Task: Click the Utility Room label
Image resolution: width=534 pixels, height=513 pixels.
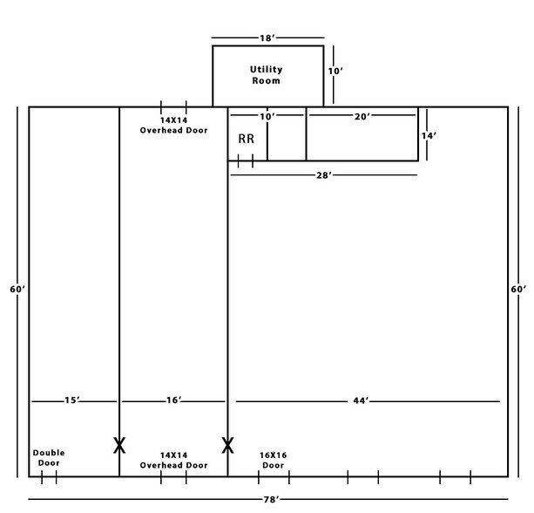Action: coord(266,75)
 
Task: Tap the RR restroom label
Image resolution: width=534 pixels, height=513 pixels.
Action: coord(247,139)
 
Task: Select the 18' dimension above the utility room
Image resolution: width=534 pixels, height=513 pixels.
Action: coord(267,38)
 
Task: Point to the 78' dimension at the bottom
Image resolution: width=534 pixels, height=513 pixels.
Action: coord(271,500)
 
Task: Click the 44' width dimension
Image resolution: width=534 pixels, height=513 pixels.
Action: coord(361,400)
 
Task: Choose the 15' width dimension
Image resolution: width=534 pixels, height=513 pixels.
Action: coord(72,400)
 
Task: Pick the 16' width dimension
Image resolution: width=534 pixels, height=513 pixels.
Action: coord(173,400)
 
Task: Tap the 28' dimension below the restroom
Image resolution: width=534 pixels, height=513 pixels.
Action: coord(324,175)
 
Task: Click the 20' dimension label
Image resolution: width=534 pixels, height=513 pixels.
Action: coord(362,117)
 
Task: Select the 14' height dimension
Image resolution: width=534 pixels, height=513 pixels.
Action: coord(429,136)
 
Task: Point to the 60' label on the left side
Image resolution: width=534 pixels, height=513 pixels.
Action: coord(17,290)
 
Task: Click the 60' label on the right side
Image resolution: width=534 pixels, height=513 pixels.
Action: coord(518,290)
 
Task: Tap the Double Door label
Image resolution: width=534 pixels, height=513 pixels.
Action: coord(49,458)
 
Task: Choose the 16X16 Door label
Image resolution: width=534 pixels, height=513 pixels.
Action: coord(274,460)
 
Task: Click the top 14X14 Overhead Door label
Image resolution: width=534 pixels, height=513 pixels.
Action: coord(173,125)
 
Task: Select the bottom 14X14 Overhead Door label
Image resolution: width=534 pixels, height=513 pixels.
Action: coord(173,460)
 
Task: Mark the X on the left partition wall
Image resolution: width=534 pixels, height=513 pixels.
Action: coord(119,446)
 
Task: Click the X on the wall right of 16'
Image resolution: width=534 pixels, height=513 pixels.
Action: coord(228,446)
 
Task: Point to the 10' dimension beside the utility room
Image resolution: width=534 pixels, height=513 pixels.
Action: coord(335,72)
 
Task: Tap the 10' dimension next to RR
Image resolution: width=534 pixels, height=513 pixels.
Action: coord(267,117)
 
